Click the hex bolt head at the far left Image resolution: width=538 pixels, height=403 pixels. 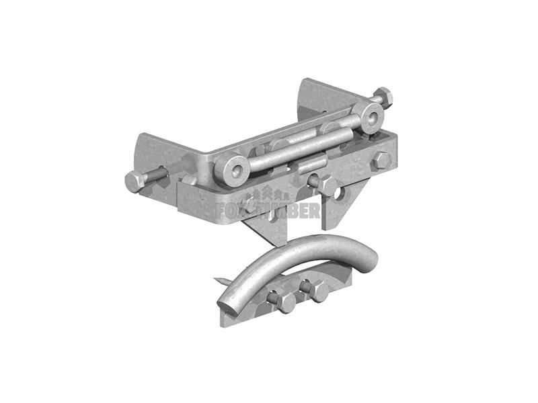point(135,181)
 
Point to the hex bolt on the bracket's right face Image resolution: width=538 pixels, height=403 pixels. point(380,161)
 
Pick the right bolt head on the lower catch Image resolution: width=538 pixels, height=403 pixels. point(317,292)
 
